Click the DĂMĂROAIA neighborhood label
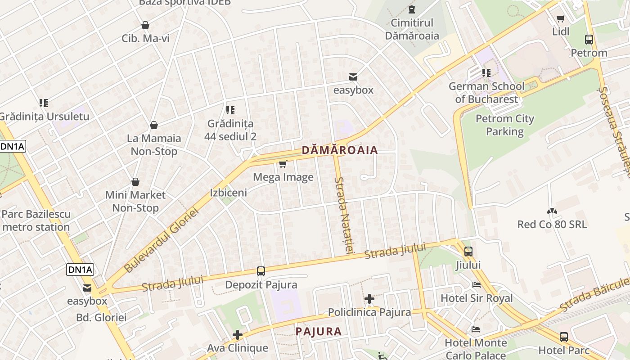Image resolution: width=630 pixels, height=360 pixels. (339, 150)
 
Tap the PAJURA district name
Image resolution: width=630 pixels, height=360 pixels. (319, 332)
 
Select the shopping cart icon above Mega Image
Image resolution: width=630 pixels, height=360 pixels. (283, 164)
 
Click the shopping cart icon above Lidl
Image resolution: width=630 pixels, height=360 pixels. (561, 18)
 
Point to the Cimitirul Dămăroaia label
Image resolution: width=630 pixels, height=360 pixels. (412, 29)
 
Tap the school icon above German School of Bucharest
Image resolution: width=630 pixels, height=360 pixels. (486, 72)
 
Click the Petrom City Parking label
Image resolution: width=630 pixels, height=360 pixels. (504, 125)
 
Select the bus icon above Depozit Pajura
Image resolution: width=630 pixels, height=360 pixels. (261, 271)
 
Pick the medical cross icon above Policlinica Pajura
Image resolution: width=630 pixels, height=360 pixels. (369, 299)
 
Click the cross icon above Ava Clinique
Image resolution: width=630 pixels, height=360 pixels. (238, 335)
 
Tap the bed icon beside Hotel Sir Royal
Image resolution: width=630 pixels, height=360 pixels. (476, 285)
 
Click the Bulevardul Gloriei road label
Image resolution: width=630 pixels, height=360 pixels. (161, 240)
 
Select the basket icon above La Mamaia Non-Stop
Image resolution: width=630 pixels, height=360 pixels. (154, 125)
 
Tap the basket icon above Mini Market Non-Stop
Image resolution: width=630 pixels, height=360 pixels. (135, 182)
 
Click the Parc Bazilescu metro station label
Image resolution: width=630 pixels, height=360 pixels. (36, 220)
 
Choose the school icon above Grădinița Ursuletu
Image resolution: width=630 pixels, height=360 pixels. (44, 103)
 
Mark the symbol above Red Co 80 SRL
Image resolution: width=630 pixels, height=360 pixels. (552, 211)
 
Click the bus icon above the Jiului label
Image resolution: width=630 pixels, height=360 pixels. (468, 252)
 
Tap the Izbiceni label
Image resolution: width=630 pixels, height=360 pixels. (229, 193)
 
